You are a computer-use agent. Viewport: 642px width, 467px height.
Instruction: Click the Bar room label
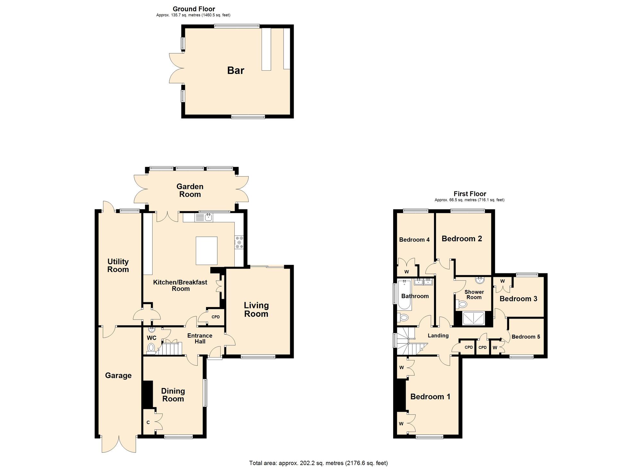coord(236,70)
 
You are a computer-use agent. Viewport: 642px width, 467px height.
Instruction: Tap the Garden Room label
coord(190,190)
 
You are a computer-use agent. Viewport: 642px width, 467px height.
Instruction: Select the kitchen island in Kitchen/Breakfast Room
coord(207,251)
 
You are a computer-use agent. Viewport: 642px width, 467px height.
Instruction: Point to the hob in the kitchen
coord(239,242)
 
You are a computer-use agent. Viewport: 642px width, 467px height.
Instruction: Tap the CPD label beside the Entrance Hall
coord(216,317)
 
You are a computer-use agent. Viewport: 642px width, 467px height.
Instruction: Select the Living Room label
coord(256,310)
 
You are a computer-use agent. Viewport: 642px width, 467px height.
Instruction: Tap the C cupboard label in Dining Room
coord(148,422)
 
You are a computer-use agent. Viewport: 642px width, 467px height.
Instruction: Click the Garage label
coord(118,375)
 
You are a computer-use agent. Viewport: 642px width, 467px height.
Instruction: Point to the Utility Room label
coord(118,266)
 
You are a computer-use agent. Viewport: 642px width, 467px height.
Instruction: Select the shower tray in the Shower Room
coord(473,318)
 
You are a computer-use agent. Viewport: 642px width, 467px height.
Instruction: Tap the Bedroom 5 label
coord(526,337)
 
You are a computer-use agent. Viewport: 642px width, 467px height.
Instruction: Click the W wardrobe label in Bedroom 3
coord(502,281)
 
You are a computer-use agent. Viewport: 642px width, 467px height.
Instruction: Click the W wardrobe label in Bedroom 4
coord(407,272)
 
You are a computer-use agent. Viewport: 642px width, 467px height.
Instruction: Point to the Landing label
coord(438,336)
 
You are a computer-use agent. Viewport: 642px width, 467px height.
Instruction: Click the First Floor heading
coord(470,194)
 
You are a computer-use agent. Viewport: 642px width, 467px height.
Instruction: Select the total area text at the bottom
coord(318,463)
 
